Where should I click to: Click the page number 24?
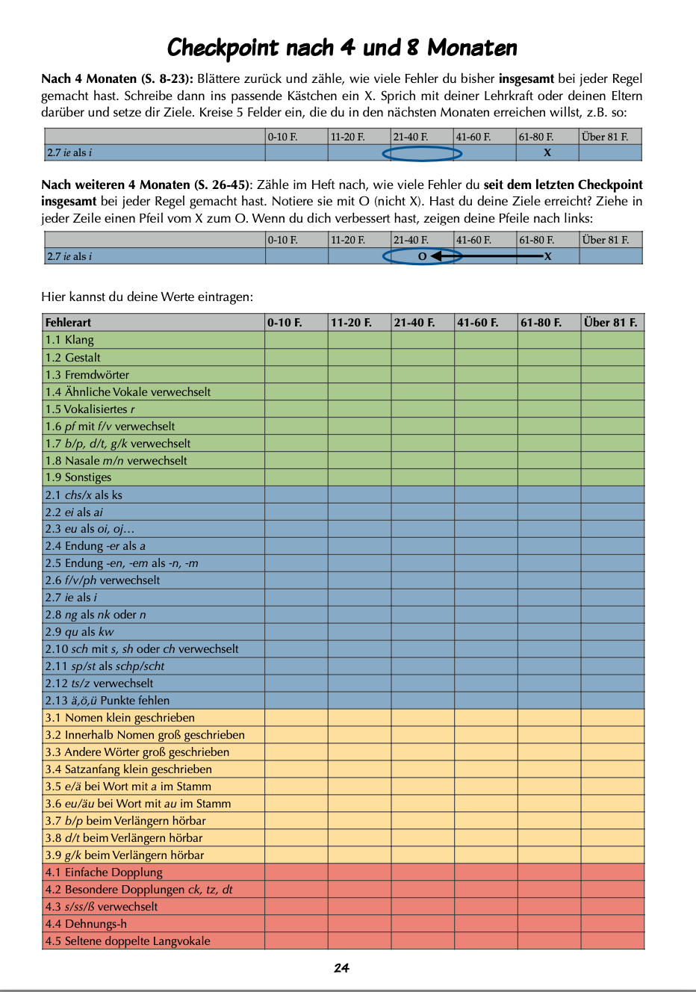341,968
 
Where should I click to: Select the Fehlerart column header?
69,323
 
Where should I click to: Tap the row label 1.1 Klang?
69,340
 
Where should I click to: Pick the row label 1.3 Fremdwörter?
87,374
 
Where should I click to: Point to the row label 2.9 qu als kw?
79,631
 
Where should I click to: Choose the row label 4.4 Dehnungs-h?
86,923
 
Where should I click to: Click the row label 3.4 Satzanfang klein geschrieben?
128,769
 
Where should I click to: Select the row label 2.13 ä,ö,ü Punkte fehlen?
108,700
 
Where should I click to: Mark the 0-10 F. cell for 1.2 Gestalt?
296,357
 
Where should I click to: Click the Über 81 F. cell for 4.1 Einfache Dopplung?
612,872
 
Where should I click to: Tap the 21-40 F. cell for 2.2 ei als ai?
423,512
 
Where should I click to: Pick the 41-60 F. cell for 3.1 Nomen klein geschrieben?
485,717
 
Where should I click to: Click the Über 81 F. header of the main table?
610,323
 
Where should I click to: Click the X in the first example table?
547,153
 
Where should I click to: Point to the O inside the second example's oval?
422,256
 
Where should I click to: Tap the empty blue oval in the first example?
422,153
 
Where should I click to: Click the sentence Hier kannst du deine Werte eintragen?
147,297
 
